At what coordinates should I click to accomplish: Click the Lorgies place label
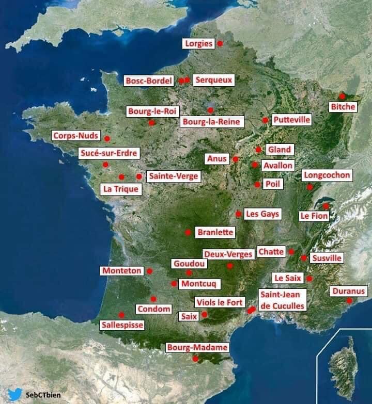click(x=198, y=44)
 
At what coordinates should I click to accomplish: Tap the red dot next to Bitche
click(x=342, y=96)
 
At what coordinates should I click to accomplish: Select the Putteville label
click(x=291, y=120)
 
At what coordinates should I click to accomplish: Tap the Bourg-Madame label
click(x=197, y=348)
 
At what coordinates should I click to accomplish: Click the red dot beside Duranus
click(x=349, y=301)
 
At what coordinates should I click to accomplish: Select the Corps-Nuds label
click(x=75, y=136)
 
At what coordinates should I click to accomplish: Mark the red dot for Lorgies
click(x=220, y=44)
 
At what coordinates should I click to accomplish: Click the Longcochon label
click(x=327, y=175)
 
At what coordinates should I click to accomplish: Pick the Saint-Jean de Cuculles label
click(x=282, y=300)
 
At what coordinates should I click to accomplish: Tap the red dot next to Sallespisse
click(x=121, y=315)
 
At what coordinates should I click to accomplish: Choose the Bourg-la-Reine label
click(x=211, y=122)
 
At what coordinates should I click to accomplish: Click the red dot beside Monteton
click(x=149, y=271)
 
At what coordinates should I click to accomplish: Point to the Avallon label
click(x=278, y=166)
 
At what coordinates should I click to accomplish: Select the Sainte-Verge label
click(x=173, y=176)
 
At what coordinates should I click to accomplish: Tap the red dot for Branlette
click(x=188, y=232)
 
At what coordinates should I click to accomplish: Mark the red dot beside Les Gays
click(x=238, y=214)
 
